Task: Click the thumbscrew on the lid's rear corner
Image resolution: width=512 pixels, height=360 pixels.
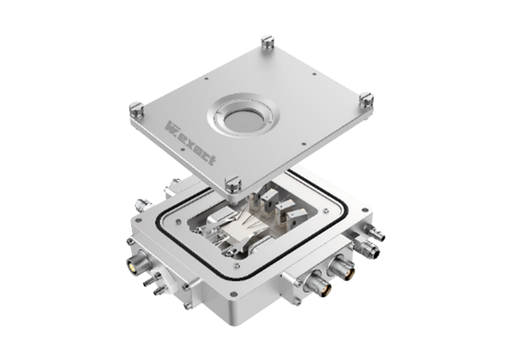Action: tap(267, 42)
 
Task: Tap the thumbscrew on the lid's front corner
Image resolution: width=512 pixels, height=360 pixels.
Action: tap(233, 183)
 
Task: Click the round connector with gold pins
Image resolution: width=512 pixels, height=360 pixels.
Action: tap(134, 263)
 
